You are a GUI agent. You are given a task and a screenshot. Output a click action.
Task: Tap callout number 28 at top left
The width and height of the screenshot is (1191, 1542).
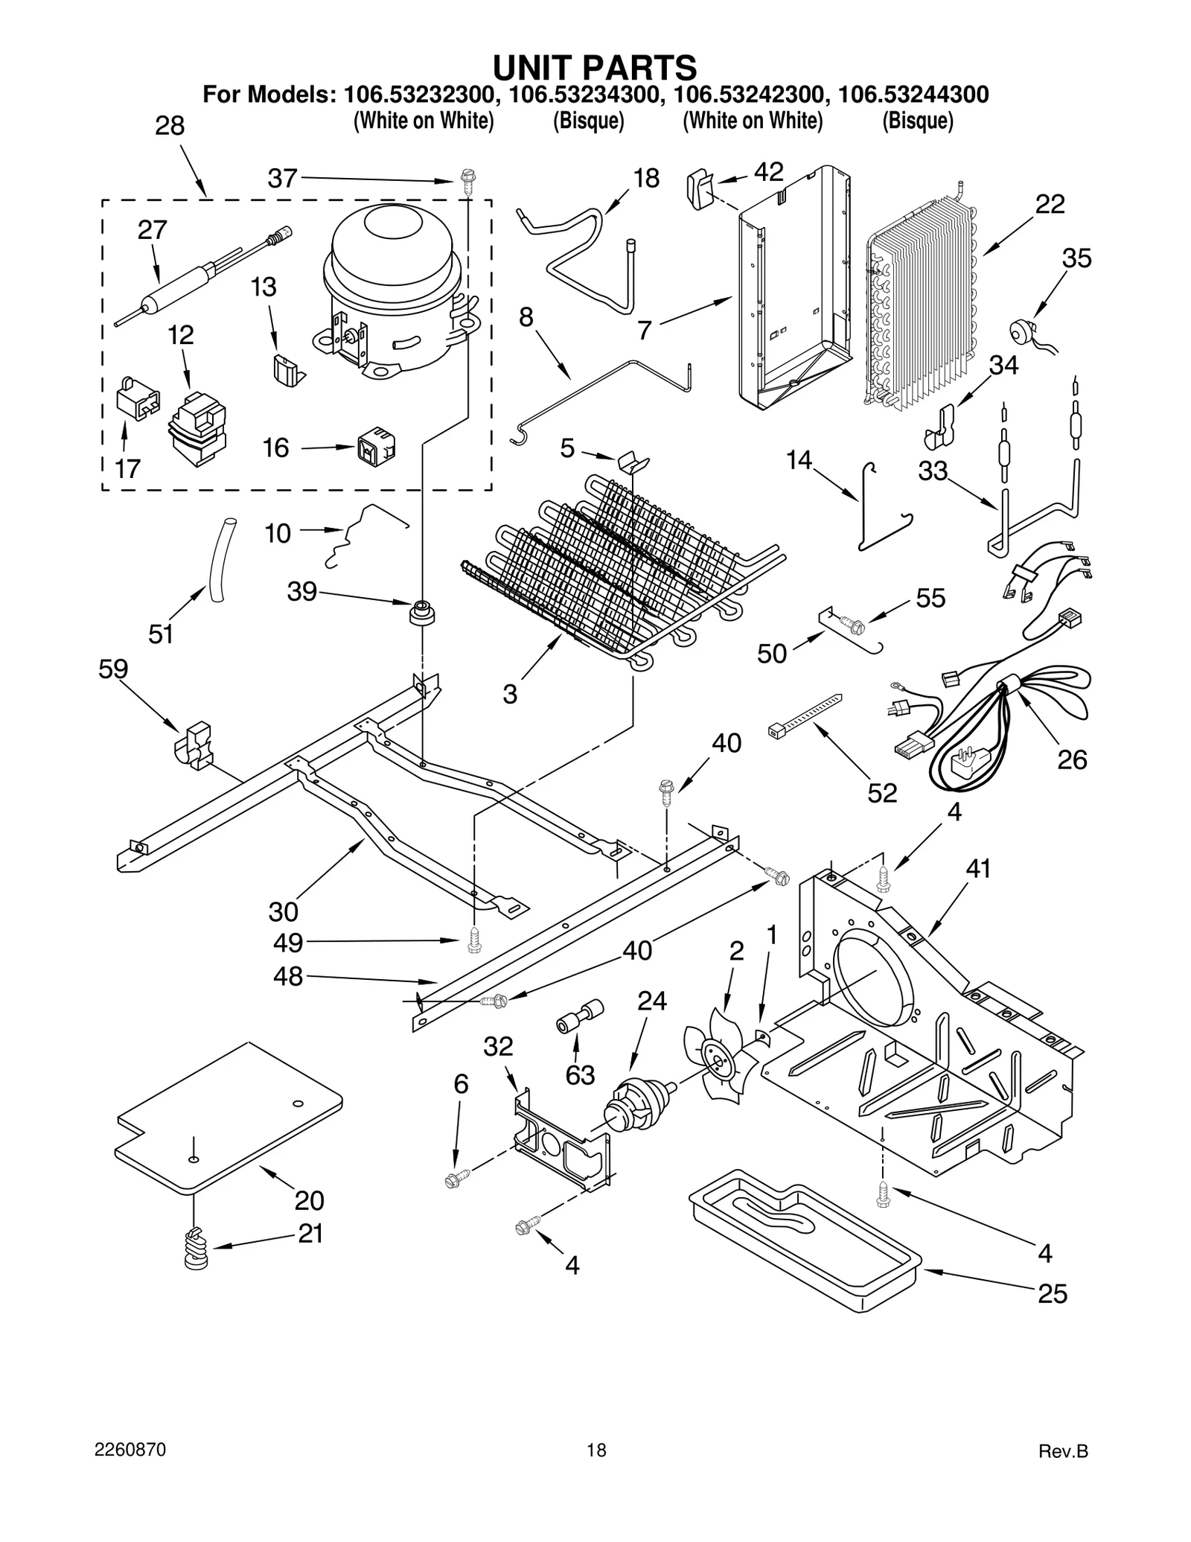170,126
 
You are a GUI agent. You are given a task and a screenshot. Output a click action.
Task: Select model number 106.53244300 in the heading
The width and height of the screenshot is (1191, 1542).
913,95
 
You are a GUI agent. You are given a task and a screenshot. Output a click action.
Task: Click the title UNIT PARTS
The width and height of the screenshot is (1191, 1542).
595,67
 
